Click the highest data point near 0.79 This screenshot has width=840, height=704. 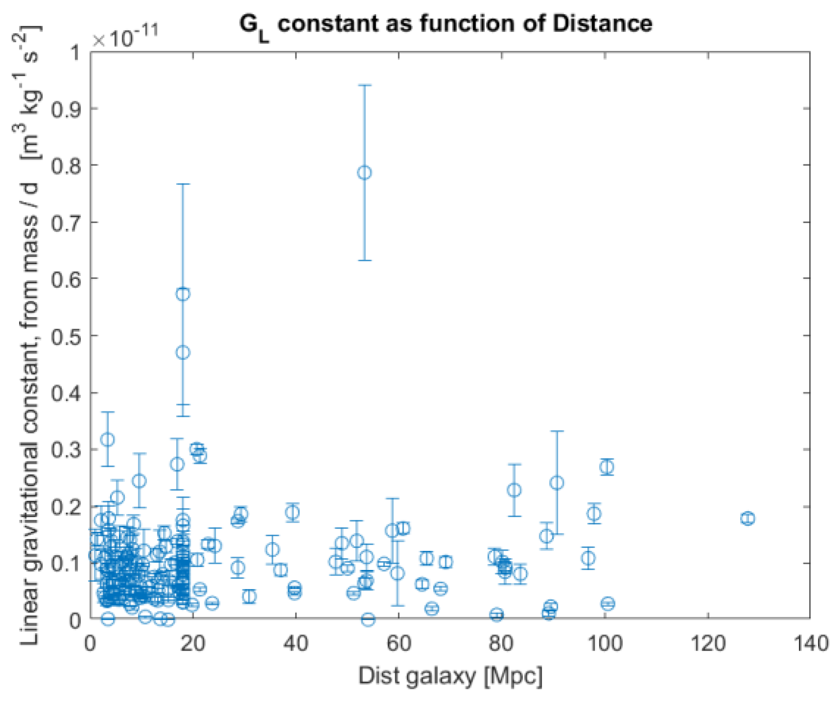tap(364, 172)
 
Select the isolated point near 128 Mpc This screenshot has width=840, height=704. tap(747, 518)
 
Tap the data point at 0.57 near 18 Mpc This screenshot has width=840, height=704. tap(182, 294)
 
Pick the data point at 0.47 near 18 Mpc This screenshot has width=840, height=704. tap(182, 352)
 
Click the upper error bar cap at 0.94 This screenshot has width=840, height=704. tap(364, 85)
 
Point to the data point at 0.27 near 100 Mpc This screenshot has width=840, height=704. tap(607, 467)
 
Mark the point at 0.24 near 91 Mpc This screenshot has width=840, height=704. tap(557, 483)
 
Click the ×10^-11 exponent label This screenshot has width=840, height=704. tap(125, 36)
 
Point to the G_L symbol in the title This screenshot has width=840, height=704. tap(253, 26)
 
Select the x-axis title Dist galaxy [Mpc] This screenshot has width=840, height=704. tap(450, 676)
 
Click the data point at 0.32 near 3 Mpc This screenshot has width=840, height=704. tap(108, 439)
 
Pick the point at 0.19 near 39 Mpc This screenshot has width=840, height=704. tap(293, 512)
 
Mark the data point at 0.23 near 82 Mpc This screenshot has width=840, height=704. tap(514, 490)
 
